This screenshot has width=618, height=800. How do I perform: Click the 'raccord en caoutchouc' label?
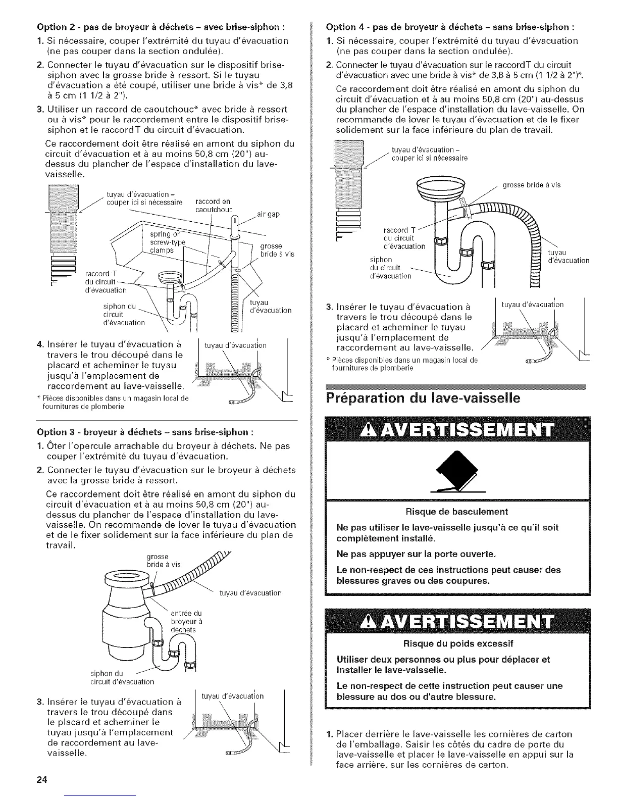pos(214,206)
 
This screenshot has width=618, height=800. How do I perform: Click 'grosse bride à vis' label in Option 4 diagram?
pos(532,185)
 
